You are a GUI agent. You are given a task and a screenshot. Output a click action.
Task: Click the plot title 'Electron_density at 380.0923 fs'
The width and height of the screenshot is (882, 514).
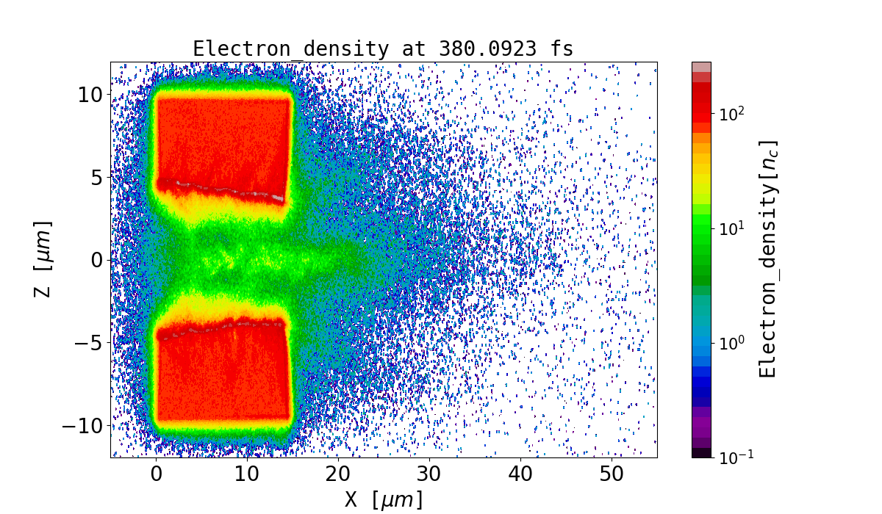383,49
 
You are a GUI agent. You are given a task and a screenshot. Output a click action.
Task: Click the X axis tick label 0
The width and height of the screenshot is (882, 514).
156,474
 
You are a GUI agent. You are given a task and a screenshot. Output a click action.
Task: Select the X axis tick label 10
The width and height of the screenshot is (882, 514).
247,474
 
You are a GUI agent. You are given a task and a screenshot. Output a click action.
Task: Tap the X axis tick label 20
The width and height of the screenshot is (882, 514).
338,474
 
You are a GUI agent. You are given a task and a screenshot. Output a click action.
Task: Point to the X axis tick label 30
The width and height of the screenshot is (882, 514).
429,474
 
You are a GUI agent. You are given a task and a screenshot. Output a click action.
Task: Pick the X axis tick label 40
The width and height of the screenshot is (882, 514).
520,474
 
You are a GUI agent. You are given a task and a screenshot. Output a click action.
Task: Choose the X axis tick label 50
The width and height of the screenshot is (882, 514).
612,474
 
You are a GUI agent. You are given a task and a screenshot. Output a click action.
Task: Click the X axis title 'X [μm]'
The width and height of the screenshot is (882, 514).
384,500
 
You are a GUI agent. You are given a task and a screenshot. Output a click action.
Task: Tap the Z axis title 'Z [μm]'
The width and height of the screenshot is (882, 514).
43,258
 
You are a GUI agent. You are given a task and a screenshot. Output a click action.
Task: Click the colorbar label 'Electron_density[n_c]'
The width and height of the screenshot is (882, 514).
767,258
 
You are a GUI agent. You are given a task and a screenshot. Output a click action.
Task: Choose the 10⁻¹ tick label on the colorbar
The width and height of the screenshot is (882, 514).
731,457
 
